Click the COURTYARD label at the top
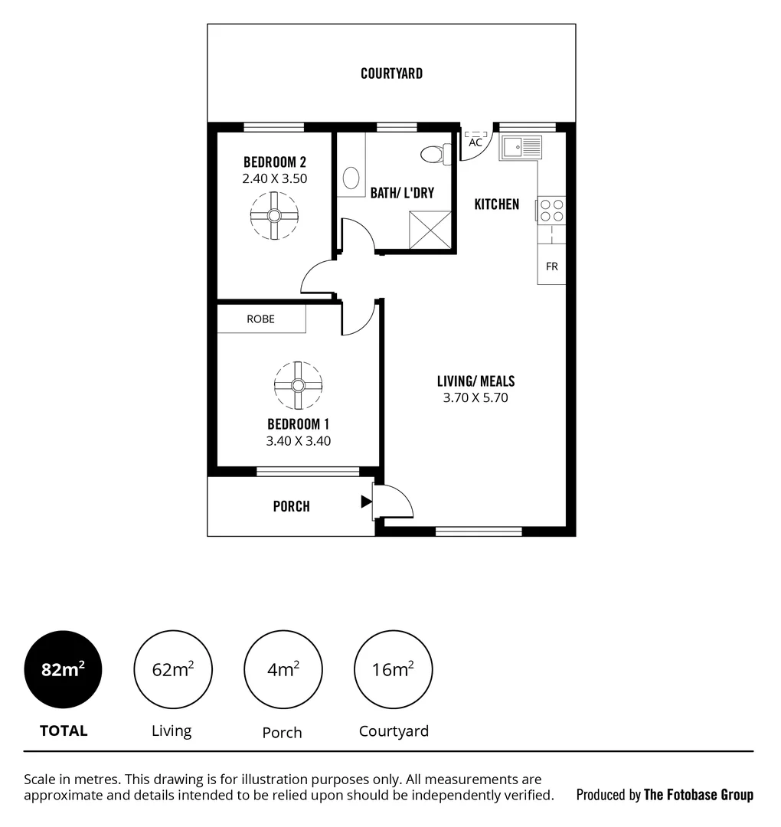(x=391, y=74)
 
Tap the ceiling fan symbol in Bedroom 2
(x=274, y=216)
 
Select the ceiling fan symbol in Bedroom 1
(x=298, y=386)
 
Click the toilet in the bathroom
(x=433, y=154)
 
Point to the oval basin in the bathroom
(x=351, y=179)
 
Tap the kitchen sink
(x=521, y=147)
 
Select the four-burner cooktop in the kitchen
(x=551, y=211)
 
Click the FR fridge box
(x=551, y=266)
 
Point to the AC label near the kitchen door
(x=475, y=142)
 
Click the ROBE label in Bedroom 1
(x=260, y=319)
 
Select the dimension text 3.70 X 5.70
(x=475, y=397)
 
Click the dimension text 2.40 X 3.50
(x=274, y=178)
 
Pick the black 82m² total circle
(x=63, y=669)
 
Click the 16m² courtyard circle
(x=393, y=669)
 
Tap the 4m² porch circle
(x=283, y=669)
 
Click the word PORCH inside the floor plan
(x=292, y=506)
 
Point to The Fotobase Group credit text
(x=698, y=794)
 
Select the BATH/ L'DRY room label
(x=402, y=193)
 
